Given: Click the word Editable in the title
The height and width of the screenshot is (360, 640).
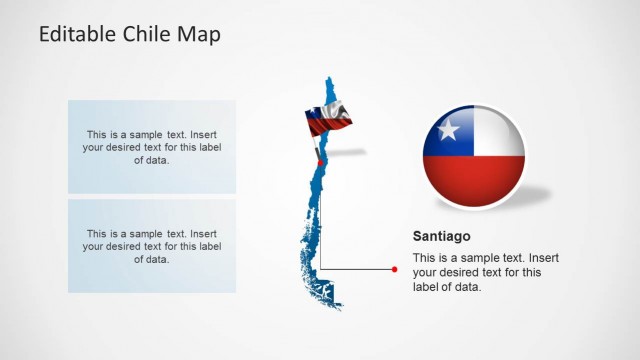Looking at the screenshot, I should (78, 34).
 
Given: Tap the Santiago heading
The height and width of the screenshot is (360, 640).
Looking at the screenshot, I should (440, 237).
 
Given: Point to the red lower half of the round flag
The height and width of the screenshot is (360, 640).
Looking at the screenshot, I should (473, 182).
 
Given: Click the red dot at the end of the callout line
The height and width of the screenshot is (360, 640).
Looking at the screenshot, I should (395, 269).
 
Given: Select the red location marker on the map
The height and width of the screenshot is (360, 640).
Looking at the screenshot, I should (320, 163).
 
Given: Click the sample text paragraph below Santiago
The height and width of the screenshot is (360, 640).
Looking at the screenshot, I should (478, 272).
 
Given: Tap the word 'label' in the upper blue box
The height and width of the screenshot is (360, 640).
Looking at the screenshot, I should (205, 147).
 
